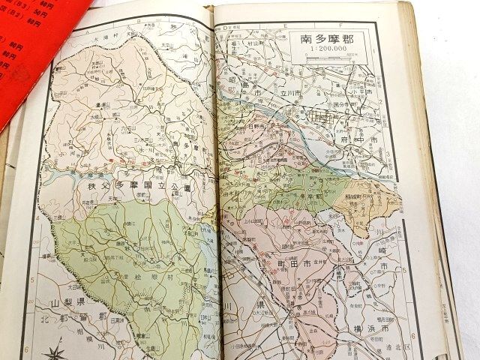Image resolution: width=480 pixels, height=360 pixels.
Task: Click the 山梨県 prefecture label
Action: pyautogui.click(x=67, y=303)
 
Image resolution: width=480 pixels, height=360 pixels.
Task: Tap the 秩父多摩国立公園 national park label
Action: pyautogui.click(x=140, y=187)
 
